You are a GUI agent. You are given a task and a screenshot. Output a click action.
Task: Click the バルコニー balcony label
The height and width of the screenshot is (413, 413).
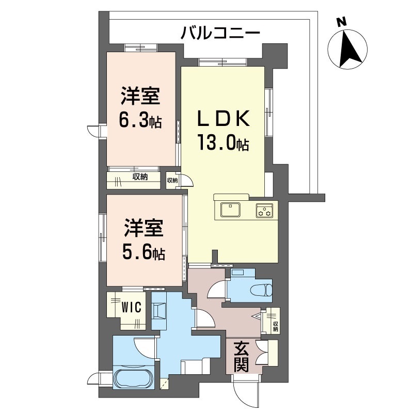220,35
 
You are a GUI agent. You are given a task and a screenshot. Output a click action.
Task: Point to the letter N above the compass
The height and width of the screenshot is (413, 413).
340,22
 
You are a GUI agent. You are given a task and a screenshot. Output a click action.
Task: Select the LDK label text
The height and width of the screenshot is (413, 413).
223,120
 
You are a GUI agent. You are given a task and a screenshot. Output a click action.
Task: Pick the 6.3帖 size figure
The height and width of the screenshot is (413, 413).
140,120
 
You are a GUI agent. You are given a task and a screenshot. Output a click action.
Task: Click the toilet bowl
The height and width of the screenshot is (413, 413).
262,289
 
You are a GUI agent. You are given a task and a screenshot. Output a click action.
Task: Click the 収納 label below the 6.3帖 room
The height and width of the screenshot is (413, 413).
140,177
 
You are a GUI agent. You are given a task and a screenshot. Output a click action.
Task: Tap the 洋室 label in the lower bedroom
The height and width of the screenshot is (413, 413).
144,229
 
